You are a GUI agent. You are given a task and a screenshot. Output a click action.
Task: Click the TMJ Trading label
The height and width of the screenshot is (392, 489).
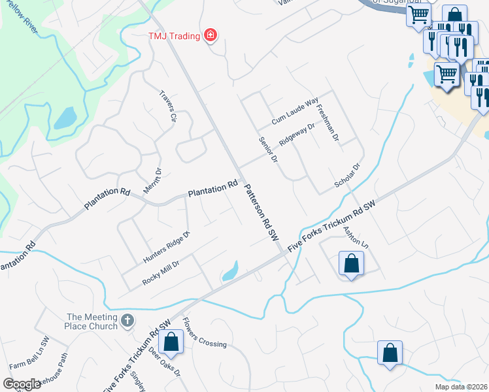[x=175, y=35]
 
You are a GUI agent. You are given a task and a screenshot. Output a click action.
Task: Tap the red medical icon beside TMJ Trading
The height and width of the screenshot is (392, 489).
[x=210, y=35]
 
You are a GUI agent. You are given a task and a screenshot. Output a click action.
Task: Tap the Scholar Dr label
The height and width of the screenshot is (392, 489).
[x=348, y=175]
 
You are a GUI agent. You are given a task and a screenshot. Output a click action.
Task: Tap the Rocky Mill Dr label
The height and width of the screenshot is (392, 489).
[x=161, y=272]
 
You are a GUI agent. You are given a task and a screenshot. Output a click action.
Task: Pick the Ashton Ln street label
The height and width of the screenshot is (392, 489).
[x=356, y=236]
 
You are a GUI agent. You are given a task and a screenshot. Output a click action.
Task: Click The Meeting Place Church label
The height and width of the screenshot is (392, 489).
[x=92, y=321]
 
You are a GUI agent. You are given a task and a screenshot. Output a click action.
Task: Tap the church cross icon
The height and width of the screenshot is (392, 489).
[x=127, y=321]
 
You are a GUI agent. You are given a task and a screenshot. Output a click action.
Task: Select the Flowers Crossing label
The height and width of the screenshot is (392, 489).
[x=205, y=333]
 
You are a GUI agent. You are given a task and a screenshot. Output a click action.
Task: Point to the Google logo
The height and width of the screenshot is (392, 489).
[x=22, y=384]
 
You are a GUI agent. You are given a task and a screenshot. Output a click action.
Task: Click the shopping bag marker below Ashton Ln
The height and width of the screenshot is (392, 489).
[x=351, y=263]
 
